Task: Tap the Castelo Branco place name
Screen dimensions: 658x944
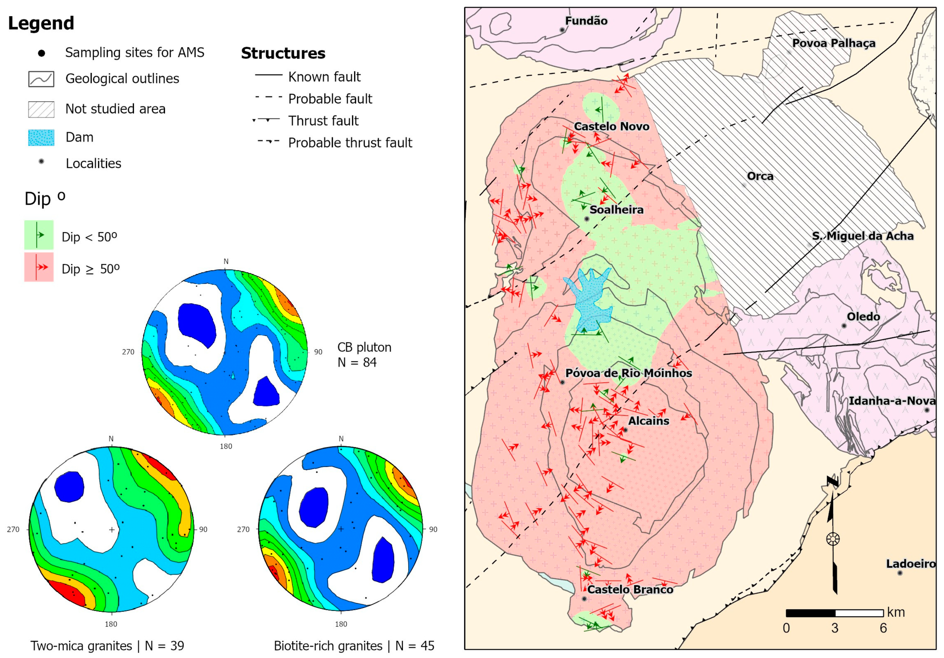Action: tap(630, 589)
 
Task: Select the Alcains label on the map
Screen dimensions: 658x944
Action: tap(648, 421)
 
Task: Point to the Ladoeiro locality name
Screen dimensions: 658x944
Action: tap(910, 563)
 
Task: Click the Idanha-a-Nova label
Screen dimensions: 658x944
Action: tap(891, 400)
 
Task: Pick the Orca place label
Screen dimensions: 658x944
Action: tap(760, 176)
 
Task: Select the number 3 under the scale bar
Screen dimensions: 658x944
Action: tap(834, 628)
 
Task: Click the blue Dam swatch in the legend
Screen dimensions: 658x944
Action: tap(41, 137)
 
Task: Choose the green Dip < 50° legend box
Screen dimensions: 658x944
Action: tap(39, 235)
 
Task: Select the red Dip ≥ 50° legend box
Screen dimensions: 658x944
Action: tap(39, 267)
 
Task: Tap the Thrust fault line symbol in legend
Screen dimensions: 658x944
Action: tap(267, 120)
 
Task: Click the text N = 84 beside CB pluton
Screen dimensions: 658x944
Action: tap(357, 362)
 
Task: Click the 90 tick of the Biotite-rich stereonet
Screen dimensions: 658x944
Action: tap(433, 529)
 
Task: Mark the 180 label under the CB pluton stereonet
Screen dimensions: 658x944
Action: tap(226, 446)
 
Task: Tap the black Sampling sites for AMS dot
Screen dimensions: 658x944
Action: tap(41, 53)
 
